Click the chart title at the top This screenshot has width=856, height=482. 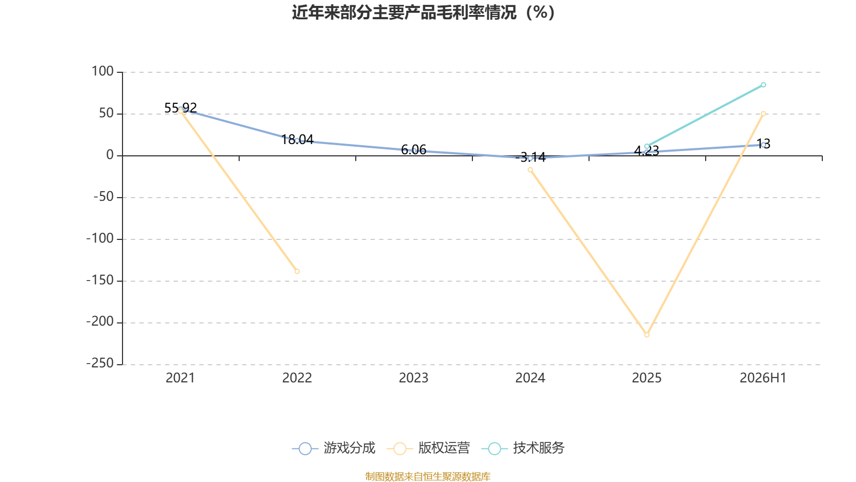point(423,13)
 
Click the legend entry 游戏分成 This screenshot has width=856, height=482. point(334,448)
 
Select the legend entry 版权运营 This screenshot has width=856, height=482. point(429,448)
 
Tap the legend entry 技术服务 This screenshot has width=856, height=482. point(523,448)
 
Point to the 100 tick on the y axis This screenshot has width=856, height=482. point(102,72)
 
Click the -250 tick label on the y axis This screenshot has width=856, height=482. point(100,364)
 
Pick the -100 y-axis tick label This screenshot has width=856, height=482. point(100,239)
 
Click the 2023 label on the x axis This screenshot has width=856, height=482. point(414,378)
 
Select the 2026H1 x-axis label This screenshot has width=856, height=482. point(763,378)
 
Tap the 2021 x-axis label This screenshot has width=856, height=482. point(180,378)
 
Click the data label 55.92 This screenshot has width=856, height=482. point(180,108)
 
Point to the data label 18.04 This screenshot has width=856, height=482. point(297,140)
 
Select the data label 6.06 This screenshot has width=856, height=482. point(414,149)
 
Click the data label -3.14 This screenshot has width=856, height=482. point(530,157)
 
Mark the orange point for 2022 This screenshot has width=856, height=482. point(297,271)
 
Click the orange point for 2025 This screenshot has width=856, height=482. point(647,335)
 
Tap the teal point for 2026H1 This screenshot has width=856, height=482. point(763,85)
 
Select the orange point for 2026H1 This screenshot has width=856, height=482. point(763,114)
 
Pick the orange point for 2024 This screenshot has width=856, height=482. point(530,170)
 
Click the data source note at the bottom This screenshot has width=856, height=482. point(427,476)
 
